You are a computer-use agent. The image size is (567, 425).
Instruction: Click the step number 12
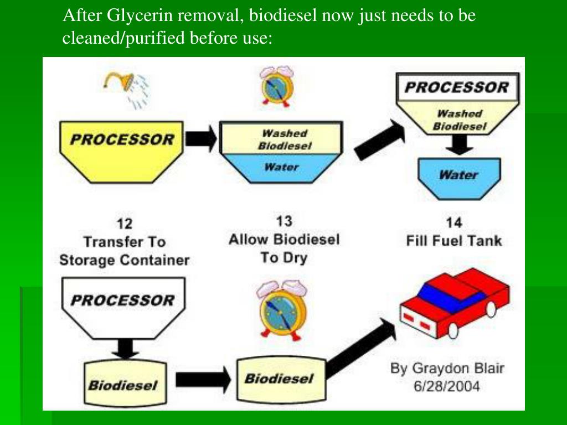pos(125,224)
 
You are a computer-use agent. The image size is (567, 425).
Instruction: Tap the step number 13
pos(283,221)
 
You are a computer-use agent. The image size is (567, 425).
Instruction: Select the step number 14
pos(453,223)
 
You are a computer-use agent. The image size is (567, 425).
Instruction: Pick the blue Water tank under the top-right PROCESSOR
pos(459,176)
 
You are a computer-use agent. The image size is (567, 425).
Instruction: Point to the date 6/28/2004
pos(447,386)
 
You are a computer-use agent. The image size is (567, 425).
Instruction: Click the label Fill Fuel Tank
pos(453,241)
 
